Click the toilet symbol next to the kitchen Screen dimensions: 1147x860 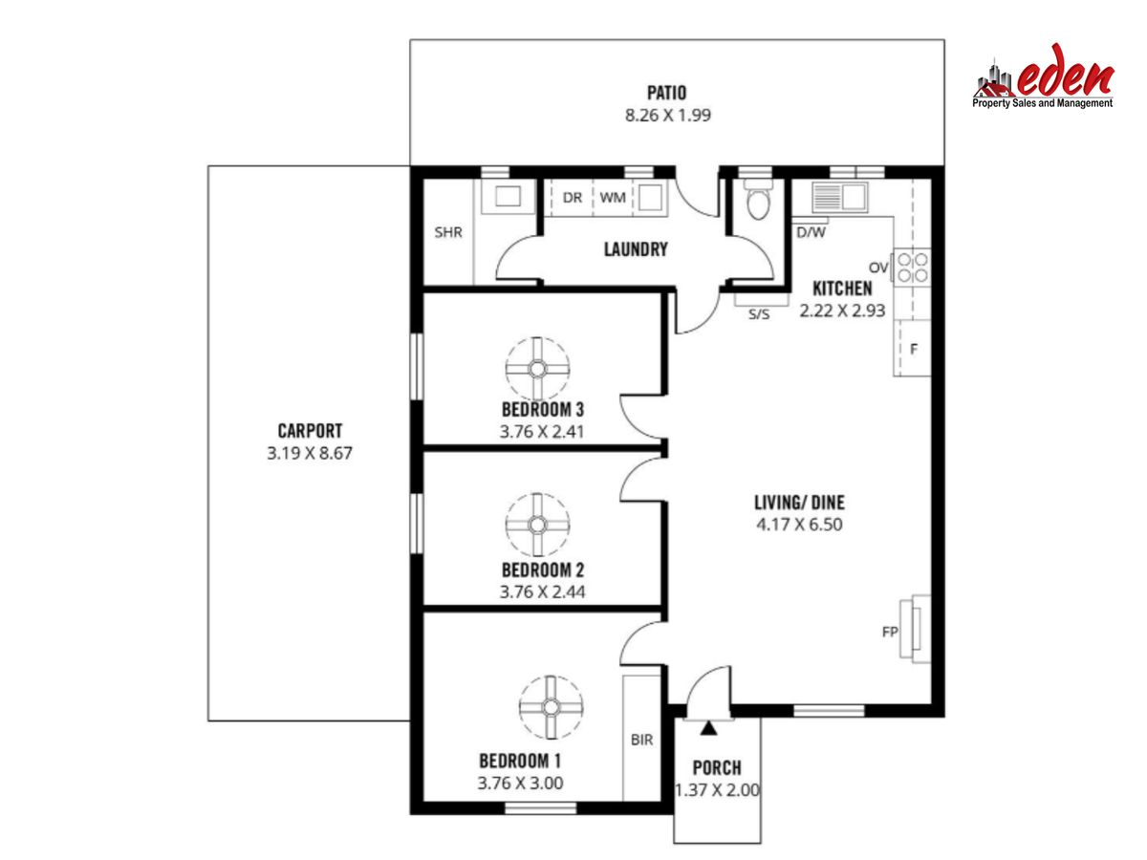[x=758, y=200]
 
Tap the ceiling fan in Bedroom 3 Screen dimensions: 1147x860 [x=537, y=369]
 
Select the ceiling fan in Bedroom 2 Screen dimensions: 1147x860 [x=537, y=525]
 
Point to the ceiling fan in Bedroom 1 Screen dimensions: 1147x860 [x=551, y=707]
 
